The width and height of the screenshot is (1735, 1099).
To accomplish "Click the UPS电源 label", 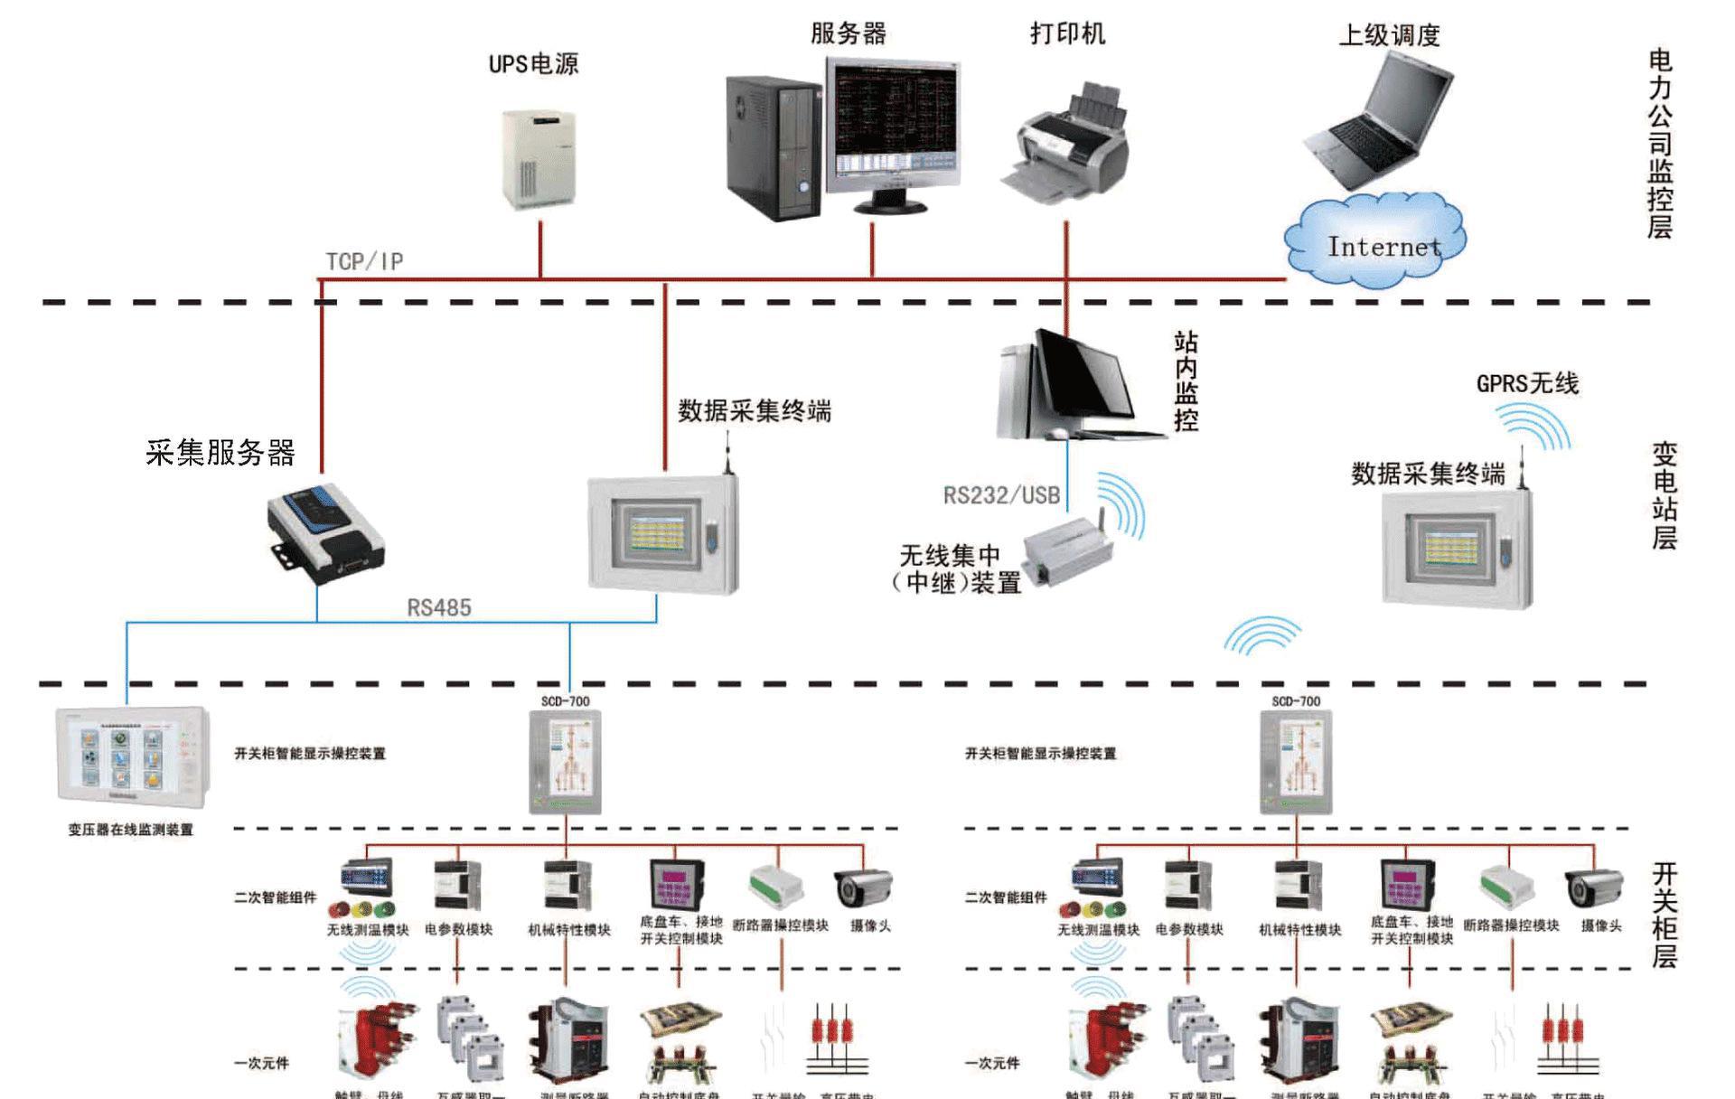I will tap(533, 64).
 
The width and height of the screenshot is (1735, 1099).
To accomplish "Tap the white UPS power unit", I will tap(539, 159).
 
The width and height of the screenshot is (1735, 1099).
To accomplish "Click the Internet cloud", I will tap(1374, 241).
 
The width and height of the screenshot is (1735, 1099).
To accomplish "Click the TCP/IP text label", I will tap(364, 262).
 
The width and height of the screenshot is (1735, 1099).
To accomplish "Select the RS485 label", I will tap(439, 607).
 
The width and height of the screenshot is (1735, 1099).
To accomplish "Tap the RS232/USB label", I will tap(1001, 495).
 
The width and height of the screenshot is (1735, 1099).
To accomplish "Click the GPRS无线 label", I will tap(1527, 384).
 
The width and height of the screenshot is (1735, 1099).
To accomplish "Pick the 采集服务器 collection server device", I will tap(325, 532).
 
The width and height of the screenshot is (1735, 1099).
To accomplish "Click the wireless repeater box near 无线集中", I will tap(1066, 546).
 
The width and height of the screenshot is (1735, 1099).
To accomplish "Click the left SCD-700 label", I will tap(565, 701).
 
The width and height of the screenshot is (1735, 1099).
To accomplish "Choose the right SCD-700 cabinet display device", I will tap(1296, 762).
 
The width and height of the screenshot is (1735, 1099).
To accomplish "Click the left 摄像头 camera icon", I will tap(863, 888).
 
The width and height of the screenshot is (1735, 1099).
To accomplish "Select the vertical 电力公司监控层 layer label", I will tap(1660, 145).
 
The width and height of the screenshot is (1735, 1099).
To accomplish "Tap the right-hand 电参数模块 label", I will tap(1189, 929).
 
